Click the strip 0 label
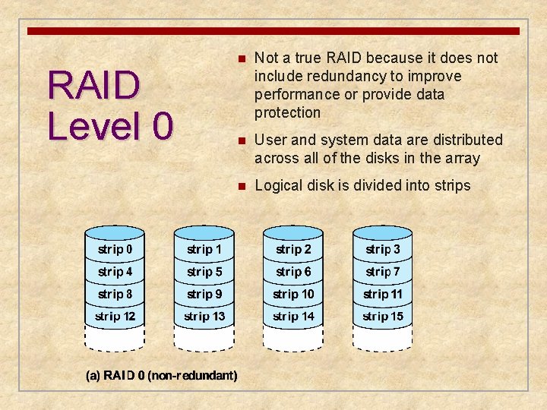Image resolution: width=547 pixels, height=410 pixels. [115, 249]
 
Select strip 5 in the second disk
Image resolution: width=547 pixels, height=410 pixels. [204, 271]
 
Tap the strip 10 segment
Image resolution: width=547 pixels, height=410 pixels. [293, 294]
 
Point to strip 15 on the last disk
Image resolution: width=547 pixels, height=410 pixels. [383, 316]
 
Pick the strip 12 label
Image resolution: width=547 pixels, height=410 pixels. [115, 316]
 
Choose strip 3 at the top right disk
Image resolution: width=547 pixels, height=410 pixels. [383, 249]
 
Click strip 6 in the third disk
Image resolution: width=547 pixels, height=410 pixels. [293, 271]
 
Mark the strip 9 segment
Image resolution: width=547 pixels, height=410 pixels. [204, 294]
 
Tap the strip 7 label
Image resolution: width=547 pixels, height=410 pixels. [383, 271]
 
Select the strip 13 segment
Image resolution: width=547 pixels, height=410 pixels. [204, 316]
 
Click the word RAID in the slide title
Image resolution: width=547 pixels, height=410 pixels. [93, 85]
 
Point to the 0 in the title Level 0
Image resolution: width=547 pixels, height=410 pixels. [162, 125]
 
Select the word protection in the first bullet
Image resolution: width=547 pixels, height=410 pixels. [288, 112]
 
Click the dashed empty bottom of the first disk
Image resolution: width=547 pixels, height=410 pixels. [115, 338]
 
